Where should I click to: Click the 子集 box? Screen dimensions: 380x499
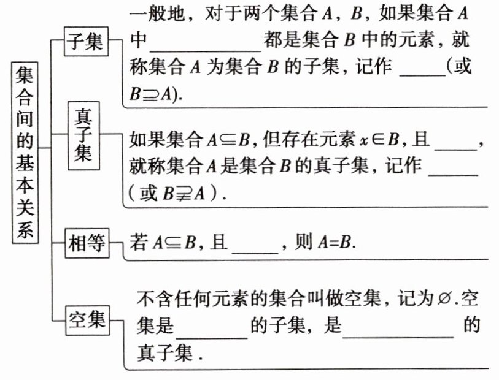pyautogui.click(x=86, y=43)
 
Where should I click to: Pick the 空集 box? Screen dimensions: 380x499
pyautogui.click(x=86, y=320)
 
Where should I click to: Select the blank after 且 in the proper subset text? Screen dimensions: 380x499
pyautogui.click(x=455, y=143)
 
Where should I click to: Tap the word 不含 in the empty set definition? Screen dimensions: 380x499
pyautogui.click(x=152, y=300)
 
